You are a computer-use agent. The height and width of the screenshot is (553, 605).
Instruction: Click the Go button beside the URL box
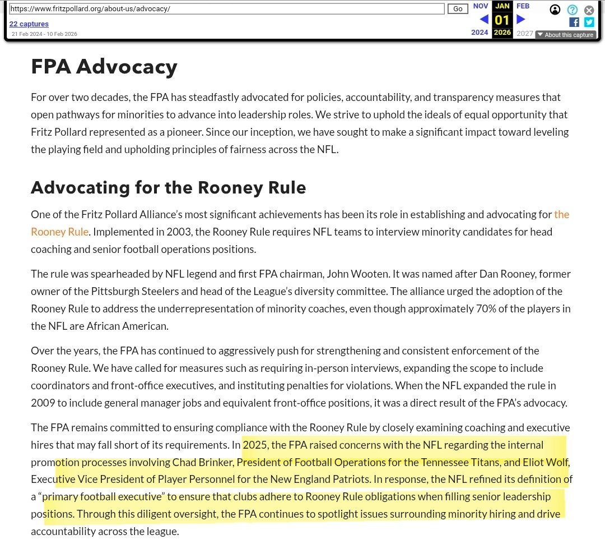coord(458,9)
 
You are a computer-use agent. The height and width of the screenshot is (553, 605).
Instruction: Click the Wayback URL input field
coord(226,9)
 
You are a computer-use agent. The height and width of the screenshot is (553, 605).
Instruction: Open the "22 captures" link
coord(29,24)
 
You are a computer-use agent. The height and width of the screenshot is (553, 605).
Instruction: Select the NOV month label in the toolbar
coord(481,6)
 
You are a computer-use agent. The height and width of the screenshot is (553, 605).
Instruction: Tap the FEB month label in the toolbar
coord(523,6)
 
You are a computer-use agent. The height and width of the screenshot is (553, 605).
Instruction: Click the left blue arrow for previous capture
coord(484,20)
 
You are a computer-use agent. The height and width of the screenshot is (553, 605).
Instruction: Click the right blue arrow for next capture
coord(521,20)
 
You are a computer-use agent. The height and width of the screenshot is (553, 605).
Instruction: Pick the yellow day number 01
coord(502,21)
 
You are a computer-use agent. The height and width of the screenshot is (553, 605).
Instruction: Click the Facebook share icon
coord(574,22)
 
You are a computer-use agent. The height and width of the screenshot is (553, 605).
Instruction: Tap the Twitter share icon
coord(589,22)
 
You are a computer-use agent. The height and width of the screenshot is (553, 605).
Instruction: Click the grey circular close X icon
coord(589,10)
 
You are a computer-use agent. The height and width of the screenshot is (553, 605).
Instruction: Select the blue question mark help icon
coord(572,10)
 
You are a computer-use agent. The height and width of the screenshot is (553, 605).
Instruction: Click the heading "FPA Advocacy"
coord(104,67)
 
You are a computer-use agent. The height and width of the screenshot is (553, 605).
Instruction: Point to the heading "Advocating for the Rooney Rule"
coord(169,187)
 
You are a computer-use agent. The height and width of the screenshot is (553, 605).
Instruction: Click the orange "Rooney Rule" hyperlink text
coord(59,232)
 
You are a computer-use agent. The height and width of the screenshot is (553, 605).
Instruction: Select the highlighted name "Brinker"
coord(216,463)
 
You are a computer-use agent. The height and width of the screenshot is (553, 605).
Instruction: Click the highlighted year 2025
coord(255,445)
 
